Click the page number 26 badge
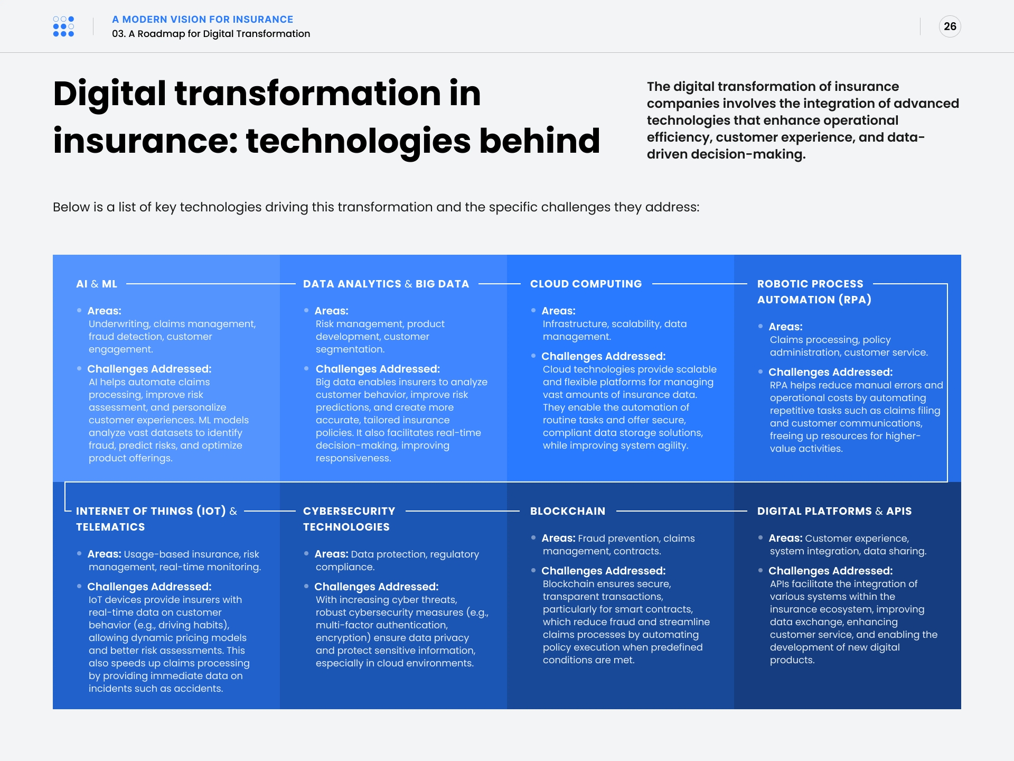[x=950, y=26]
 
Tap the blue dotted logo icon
[x=63, y=26]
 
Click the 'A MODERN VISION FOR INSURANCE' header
[x=202, y=20]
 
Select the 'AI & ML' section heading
[x=97, y=284]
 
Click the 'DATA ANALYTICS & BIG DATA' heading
[x=386, y=284]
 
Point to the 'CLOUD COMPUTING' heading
[x=586, y=284]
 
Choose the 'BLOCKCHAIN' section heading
[x=568, y=511]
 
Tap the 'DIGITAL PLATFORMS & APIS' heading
[x=834, y=511]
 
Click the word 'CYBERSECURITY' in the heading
[x=349, y=511]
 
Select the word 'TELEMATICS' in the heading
[x=110, y=527]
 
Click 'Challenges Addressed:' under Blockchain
[x=603, y=571]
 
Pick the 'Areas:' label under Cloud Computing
[x=558, y=311]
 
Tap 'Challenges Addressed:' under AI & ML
[x=149, y=369]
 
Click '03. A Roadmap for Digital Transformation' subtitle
[x=211, y=34]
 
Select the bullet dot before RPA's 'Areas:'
[x=760, y=326]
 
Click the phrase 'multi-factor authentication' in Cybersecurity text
[x=381, y=625]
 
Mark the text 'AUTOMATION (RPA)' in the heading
[x=814, y=300]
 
